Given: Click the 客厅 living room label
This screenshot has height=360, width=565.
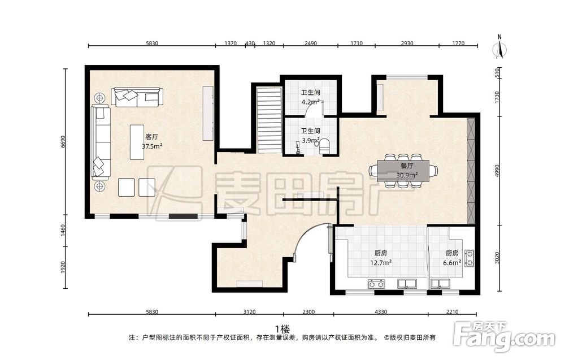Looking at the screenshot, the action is [151, 137].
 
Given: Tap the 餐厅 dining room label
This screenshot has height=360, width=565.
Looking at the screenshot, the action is [407, 166].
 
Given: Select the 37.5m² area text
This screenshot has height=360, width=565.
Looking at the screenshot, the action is [151, 146].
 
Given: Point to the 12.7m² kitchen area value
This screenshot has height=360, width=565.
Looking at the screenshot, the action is [381, 263].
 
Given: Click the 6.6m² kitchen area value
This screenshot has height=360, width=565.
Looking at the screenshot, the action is [452, 263].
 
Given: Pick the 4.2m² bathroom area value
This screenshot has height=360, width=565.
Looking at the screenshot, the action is [311, 102].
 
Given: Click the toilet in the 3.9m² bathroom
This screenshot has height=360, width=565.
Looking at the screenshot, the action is [325, 146].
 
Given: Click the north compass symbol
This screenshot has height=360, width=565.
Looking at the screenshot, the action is [499, 47].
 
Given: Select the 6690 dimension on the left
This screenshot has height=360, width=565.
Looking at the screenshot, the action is [63, 142].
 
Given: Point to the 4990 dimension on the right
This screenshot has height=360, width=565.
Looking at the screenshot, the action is [498, 171].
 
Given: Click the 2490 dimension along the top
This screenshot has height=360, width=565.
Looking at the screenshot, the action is [311, 44].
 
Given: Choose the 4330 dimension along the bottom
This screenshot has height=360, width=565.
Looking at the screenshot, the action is [381, 312].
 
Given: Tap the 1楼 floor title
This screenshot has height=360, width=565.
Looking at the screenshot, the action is [282, 329].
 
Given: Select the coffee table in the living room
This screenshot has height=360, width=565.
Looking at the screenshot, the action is [137, 142].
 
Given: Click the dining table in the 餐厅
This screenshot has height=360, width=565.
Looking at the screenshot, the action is [403, 171].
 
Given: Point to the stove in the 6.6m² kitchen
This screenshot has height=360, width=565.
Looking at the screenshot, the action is [469, 258].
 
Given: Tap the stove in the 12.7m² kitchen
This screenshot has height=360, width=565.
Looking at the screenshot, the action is [376, 284].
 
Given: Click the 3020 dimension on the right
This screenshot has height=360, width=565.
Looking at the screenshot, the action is [498, 258].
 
